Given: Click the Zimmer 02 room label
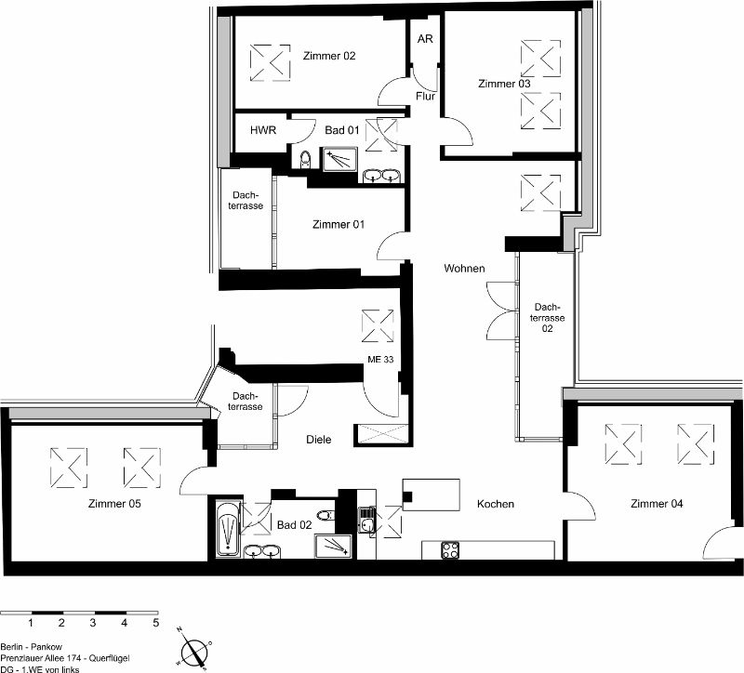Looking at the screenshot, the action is click(x=329, y=56).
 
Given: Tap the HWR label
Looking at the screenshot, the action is click(x=263, y=130).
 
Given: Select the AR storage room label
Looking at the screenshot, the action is click(x=425, y=39).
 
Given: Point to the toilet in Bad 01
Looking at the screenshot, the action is click(x=306, y=159).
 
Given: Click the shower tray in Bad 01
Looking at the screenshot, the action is click(x=340, y=159).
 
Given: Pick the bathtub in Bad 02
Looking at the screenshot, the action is click(x=229, y=527).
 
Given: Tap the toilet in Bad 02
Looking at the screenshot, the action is click(x=325, y=515).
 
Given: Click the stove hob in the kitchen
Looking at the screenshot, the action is click(x=450, y=550).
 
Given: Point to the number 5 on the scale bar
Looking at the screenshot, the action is click(x=155, y=623).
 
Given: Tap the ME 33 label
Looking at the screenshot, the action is click(x=380, y=360).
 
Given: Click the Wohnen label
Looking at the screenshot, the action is click(x=464, y=269).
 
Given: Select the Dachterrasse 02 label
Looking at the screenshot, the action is click(x=548, y=317).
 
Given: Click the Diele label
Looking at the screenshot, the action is click(x=318, y=440).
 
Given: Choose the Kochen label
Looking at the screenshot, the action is click(x=496, y=504).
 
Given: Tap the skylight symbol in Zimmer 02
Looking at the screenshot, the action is click(x=270, y=63).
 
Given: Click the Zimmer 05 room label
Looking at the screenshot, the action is click(x=114, y=504).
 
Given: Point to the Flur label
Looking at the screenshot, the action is click(x=425, y=97).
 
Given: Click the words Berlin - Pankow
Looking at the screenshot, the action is click(x=32, y=647).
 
